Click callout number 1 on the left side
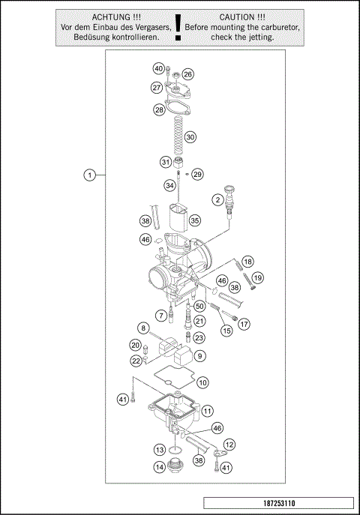(x=89, y=175)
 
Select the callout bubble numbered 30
(x=190, y=137)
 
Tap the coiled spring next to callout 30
(x=177, y=134)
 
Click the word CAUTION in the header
(x=242, y=16)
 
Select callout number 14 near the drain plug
(x=160, y=467)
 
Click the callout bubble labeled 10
(x=202, y=382)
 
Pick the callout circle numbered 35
(x=194, y=220)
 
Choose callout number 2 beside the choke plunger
(x=217, y=199)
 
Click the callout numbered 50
(x=199, y=306)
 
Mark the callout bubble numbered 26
(x=187, y=74)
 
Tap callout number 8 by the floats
(x=142, y=328)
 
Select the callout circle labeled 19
(x=258, y=278)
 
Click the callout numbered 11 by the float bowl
(x=207, y=410)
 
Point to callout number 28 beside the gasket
(x=159, y=109)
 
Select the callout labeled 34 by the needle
(x=170, y=185)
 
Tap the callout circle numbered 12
(x=229, y=445)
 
